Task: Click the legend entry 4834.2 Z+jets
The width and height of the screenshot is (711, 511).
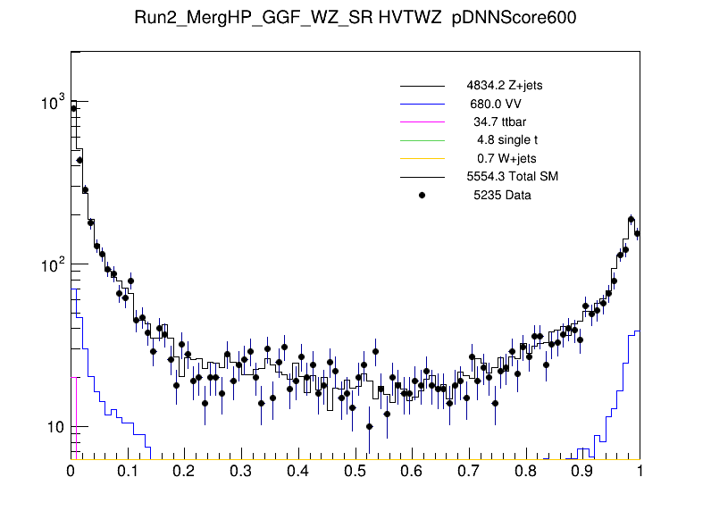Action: (x=504, y=87)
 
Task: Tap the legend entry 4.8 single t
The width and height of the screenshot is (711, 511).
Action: (x=506, y=140)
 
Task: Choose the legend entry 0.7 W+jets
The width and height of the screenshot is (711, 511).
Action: (x=506, y=158)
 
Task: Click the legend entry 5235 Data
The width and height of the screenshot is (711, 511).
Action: (x=502, y=195)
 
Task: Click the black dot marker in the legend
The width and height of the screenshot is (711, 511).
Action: (x=422, y=195)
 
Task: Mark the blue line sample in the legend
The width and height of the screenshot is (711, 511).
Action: (x=422, y=105)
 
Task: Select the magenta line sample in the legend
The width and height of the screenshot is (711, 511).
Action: (x=422, y=122)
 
